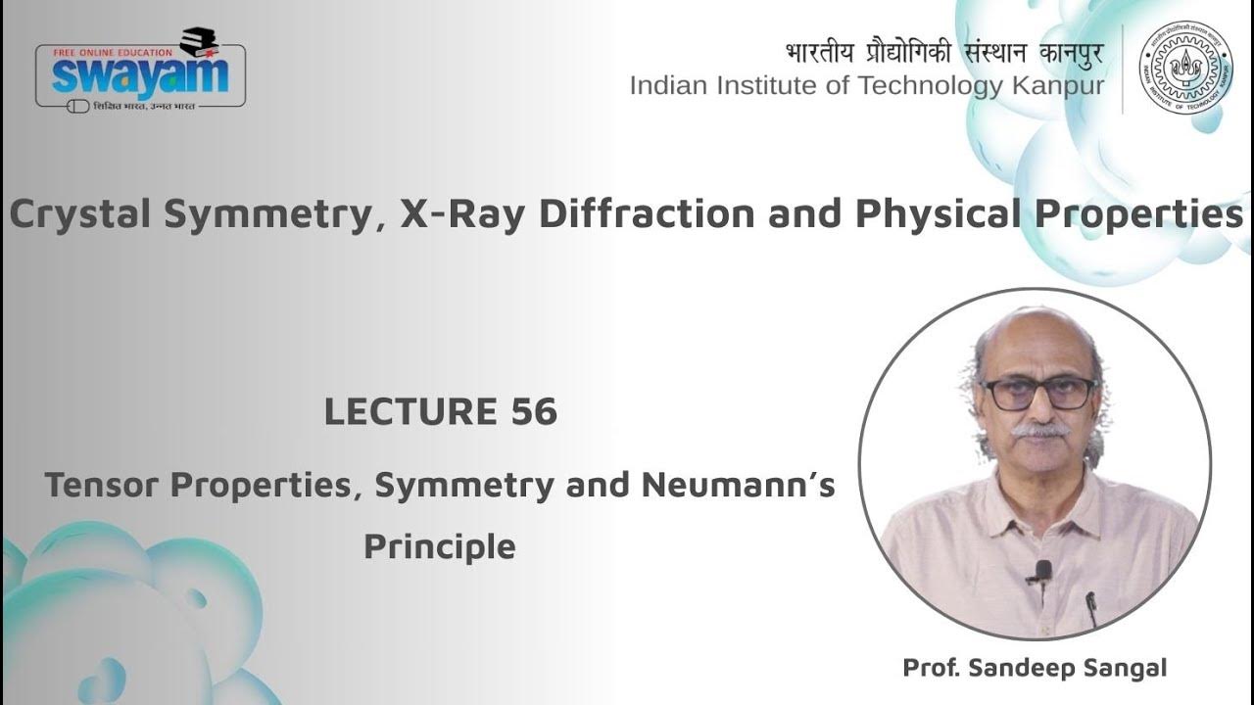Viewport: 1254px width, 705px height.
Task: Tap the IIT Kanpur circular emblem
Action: pyautogui.click(x=1185, y=67)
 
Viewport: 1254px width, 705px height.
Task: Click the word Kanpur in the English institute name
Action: pyautogui.click(x=1050, y=86)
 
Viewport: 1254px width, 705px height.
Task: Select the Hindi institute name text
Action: pyautogui.click(x=943, y=52)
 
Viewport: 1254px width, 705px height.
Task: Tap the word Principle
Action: pyautogui.click(x=439, y=545)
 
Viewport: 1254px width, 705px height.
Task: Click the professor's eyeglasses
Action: pyautogui.click(x=1038, y=393)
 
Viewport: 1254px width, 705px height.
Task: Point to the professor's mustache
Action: pyautogui.click(x=1039, y=430)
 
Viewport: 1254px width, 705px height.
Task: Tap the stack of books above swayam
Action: pyautogui.click(x=200, y=41)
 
